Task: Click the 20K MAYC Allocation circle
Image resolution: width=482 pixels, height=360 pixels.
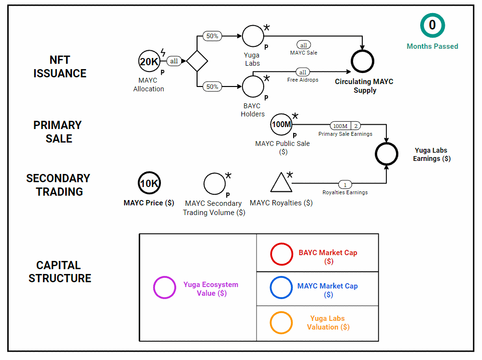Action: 149,61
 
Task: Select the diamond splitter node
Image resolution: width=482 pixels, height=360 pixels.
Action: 197,61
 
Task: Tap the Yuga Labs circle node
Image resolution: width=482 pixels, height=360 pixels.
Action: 253,36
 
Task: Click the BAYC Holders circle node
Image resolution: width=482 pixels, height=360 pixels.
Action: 253,86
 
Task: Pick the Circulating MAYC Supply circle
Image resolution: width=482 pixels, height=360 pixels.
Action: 362,61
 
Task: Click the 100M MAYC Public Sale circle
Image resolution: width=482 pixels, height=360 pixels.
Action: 282,124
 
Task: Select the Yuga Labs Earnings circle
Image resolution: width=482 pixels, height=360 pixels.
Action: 386,154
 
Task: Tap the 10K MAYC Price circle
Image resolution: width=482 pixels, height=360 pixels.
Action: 149,183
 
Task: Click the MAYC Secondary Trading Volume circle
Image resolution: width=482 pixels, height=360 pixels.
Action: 214,184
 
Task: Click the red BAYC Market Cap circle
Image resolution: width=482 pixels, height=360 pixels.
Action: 282,254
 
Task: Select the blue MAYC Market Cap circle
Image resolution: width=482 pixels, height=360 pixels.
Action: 282,288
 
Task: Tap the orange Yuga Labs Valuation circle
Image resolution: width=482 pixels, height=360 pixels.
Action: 282,322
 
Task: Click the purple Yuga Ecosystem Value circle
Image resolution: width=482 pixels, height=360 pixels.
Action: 164,288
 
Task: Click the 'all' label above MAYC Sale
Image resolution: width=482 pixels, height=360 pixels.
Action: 303,45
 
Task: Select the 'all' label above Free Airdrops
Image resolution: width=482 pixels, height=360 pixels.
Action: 303,72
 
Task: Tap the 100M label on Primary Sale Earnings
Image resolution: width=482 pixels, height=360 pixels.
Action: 340,126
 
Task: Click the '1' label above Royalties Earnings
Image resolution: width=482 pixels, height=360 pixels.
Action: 345,185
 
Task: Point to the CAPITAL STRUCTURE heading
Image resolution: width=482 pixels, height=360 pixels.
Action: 60,272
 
